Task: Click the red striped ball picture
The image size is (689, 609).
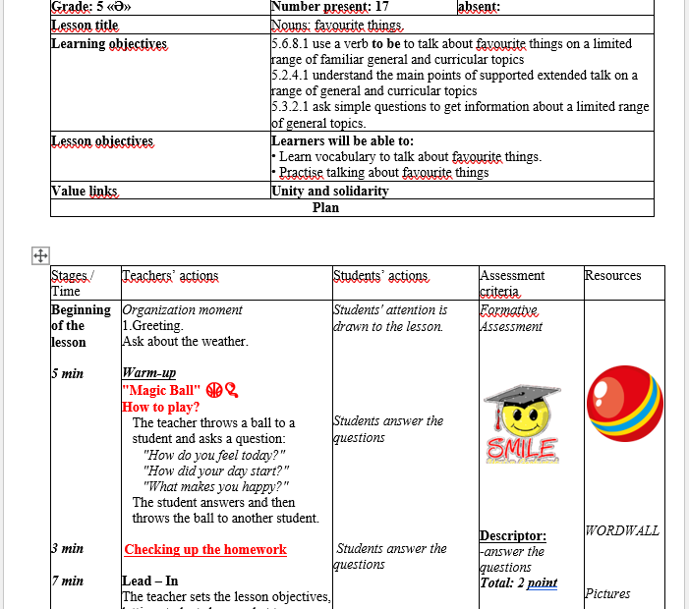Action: (624, 403)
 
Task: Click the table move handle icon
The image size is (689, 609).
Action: (41, 255)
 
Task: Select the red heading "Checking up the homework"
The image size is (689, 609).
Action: (204, 550)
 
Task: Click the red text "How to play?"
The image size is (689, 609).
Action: (161, 407)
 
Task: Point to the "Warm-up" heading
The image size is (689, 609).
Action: (148, 373)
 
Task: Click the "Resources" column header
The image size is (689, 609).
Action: (612, 276)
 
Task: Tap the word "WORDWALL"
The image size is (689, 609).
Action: (621, 531)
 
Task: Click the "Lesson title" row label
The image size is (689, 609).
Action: (85, 27)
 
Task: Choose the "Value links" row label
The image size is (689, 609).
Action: (84, 192)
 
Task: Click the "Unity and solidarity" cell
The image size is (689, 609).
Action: (329, 192)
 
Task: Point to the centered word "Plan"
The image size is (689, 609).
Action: (325, 208)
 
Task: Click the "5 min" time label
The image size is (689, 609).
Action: (67, 373)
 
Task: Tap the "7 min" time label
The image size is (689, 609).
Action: (67, 581)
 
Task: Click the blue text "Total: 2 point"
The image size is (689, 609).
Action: (518, 582)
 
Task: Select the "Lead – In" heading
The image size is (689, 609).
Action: (150, 581)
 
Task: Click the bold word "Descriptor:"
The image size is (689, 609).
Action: (513, 535)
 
